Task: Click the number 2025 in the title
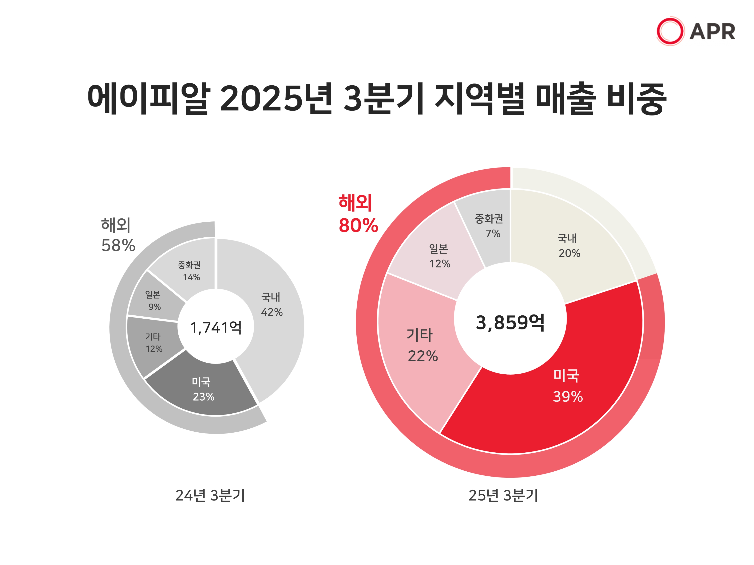click(x=261, y=99)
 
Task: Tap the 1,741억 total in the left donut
click(x=216, y=328)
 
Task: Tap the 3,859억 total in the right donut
click(x=510, y=322)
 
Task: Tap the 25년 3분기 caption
click(x=503, y=496)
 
